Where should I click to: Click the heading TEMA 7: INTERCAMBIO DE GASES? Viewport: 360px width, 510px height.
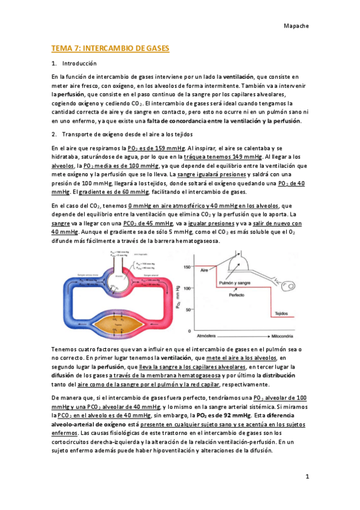point(110,48)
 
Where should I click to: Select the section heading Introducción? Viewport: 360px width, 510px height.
point(79,63)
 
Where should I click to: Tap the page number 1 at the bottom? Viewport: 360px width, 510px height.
point(307,476)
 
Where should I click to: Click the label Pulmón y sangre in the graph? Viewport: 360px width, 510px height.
point(230,282)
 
